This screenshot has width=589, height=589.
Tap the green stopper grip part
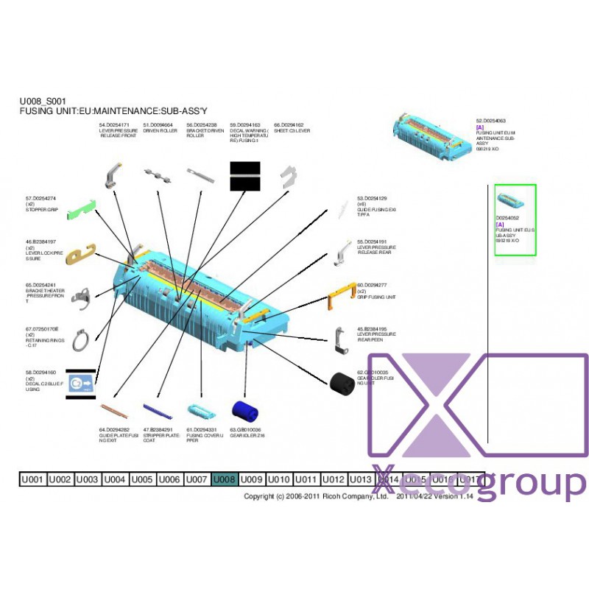81,211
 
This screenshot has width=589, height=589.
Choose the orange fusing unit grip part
340,298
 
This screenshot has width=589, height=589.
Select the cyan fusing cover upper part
199,411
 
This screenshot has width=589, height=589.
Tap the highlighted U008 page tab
225,479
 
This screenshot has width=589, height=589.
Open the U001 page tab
32,479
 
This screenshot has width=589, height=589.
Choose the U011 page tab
306,479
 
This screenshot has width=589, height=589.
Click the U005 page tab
142,479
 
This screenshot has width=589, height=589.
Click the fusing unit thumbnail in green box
510,200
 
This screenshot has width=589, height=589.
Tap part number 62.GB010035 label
373,373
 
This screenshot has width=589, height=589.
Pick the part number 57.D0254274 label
41,198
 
